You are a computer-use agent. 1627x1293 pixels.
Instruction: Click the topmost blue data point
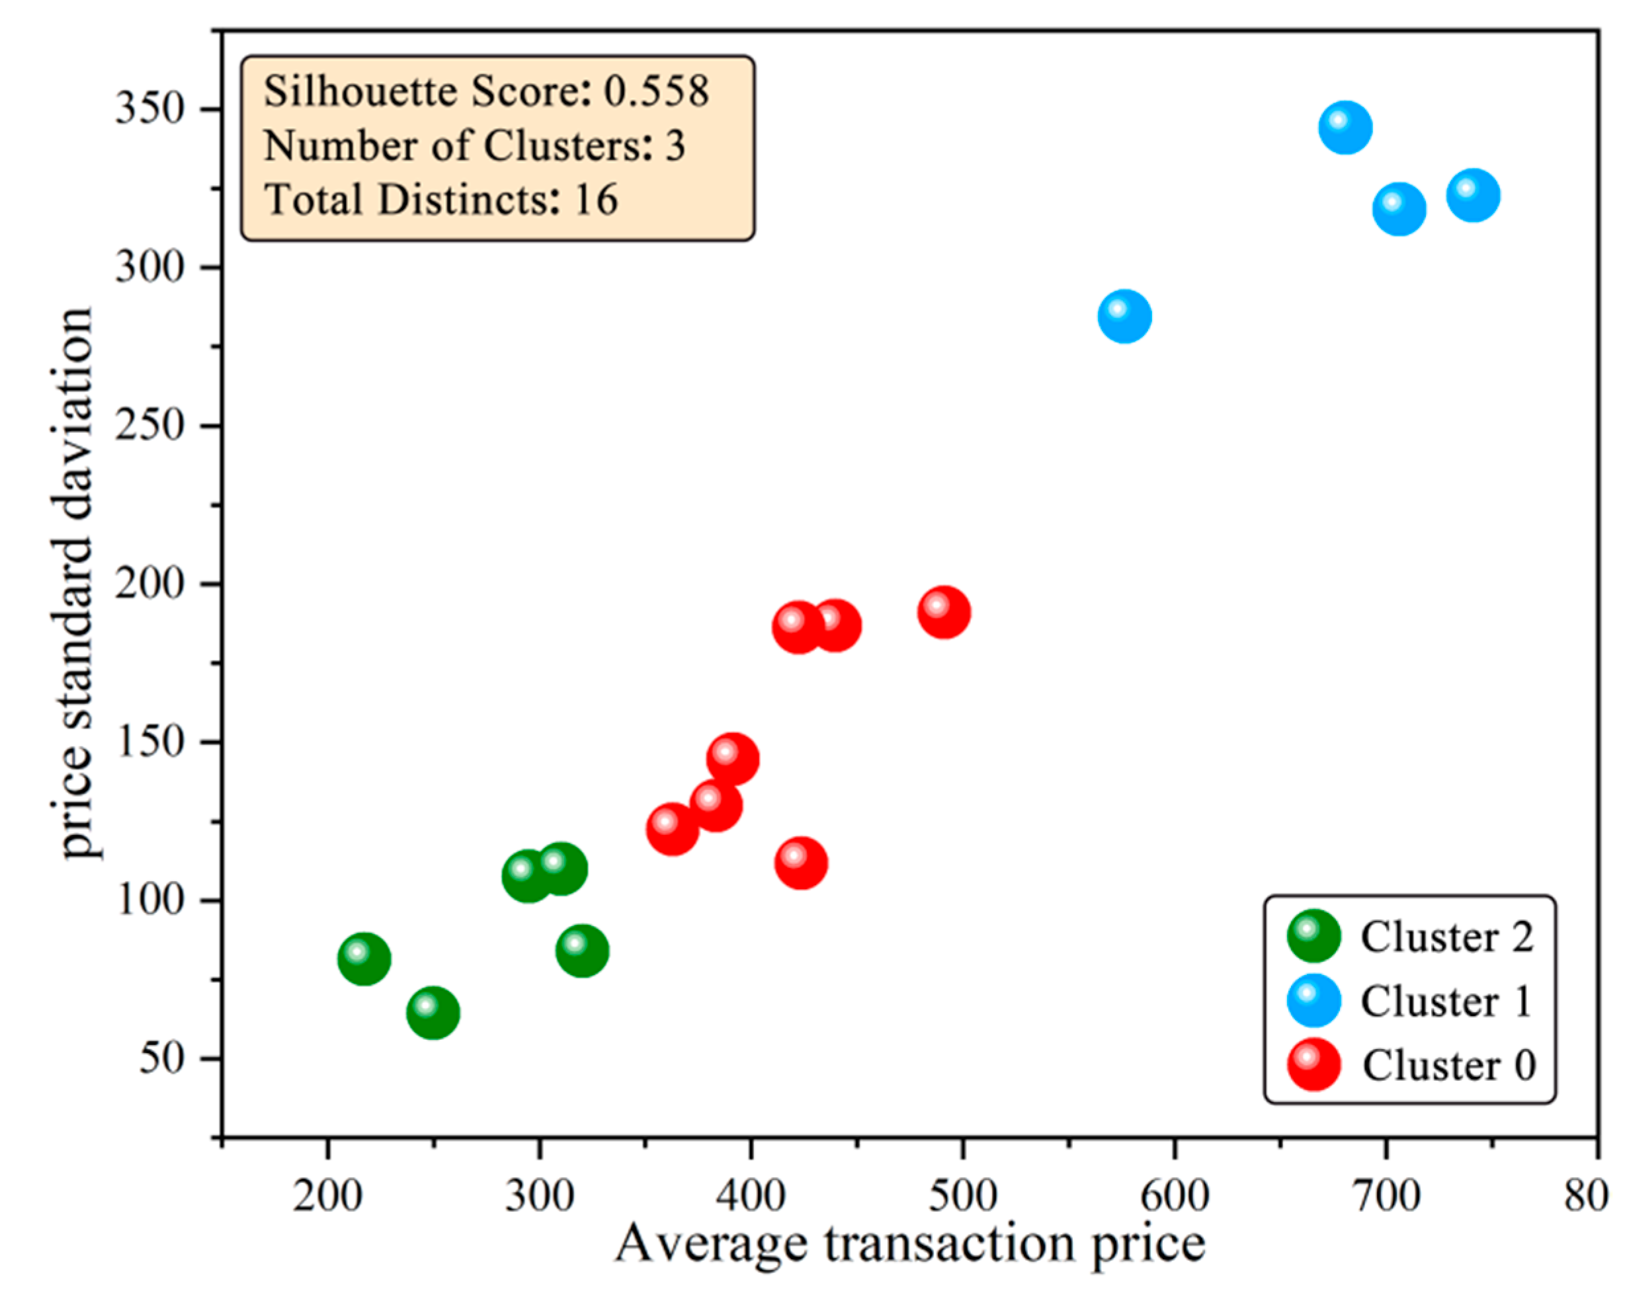(x=1345, y=128)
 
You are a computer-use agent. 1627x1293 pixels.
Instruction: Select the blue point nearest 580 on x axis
(x=1124, y=315)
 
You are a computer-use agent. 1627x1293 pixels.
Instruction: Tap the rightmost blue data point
(x=1472, y=196)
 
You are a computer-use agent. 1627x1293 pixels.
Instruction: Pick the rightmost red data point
(x=943, y=612)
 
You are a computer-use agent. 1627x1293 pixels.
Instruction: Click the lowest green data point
(x=433, y=1012)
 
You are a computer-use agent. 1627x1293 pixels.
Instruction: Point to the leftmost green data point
(x=364, y=959)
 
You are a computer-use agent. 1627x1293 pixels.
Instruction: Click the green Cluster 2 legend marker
(x=1314, y=935)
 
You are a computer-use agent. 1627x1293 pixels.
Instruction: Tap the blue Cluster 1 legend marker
(x=1314, y=1000)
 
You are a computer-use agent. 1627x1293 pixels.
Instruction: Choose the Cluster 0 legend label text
(x=1449, y=1065)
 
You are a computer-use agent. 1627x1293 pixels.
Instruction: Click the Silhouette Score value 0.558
(x=657, y=91)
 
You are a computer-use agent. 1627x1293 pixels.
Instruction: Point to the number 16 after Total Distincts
(x=596, y=199)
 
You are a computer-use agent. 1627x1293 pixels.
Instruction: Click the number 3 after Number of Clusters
(x=675, y=145)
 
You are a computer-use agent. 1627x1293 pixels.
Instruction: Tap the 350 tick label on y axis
(x=150, y=108)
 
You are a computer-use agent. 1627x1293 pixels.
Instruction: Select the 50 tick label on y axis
(x=162, y=1058)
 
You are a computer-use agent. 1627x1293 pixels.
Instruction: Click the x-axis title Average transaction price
(x=909, y=1245)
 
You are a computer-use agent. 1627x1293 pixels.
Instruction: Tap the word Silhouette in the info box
(x=360, y=91)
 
